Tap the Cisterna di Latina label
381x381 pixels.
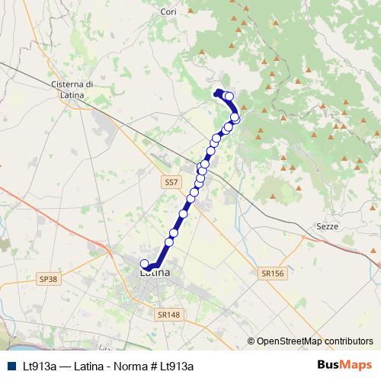coord(70,88)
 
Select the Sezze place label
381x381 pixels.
coord(327,226)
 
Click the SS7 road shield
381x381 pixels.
coord(171,184)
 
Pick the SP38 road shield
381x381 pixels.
coord(47,280)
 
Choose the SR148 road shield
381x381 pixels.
coord(167,314)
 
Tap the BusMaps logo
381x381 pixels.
coord(345,365)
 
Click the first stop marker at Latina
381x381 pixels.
coord(146,264)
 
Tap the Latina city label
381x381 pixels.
coord(155,272)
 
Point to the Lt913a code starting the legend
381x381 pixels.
coord(39,366)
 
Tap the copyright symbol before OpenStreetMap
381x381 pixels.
coord(251,341)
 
